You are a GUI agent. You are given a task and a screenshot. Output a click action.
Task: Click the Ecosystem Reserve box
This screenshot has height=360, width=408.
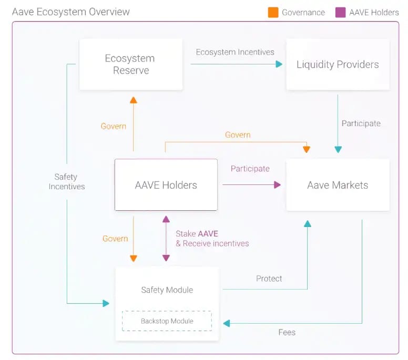coord(131,64)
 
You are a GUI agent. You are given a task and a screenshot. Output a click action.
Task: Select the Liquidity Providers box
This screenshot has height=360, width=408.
coord(338,65)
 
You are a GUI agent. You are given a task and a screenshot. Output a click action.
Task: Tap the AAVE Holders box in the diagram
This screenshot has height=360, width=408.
coord(166,185)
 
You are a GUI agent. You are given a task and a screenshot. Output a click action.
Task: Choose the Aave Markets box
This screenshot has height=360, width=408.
coord(338,185)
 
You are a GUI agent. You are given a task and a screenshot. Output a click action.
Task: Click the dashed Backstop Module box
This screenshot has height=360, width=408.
coord(167,321)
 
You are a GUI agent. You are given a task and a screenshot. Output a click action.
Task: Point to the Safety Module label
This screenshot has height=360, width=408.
coord(167,290)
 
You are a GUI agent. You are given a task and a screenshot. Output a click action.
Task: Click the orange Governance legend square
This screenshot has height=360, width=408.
coord(273,12)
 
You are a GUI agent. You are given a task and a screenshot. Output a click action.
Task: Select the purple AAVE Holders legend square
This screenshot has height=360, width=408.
coord(340,12)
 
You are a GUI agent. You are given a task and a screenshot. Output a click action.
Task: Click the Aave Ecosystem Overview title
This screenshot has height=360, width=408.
coord(70,12)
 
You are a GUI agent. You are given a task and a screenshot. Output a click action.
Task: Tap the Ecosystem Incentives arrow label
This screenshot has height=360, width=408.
coord(235,52)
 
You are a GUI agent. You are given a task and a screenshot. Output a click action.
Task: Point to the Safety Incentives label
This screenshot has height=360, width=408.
coord(67,181)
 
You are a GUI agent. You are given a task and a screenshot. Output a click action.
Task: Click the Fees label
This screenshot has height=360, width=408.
coord(287,332)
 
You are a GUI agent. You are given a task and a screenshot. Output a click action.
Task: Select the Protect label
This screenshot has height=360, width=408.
coord(269,279)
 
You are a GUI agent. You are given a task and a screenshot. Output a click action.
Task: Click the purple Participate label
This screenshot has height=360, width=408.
coord(250,169)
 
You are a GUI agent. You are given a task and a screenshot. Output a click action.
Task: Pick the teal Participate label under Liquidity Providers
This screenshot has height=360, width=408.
coord(361,124)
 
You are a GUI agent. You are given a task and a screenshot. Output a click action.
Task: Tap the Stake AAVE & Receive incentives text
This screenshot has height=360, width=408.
coord(212,239)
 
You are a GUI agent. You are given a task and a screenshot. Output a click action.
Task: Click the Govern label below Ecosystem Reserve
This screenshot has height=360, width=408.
coord(114,126)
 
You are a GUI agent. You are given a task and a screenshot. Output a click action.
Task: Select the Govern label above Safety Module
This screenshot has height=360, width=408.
coord(115,239)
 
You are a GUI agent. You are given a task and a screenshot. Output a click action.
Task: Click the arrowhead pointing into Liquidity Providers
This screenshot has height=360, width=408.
coord(279,64)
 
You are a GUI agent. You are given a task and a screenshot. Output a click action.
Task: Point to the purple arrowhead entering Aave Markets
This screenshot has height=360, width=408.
coord(277,184)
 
